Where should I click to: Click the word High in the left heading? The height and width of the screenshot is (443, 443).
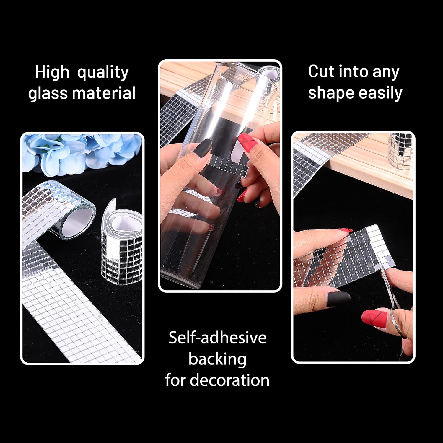tap(52, 72)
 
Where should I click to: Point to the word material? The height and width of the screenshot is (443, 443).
tap(103, 93)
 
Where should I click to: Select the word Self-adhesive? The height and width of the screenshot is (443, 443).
tap(217, 338)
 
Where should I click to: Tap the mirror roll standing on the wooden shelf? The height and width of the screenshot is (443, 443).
tap(400, 149)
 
